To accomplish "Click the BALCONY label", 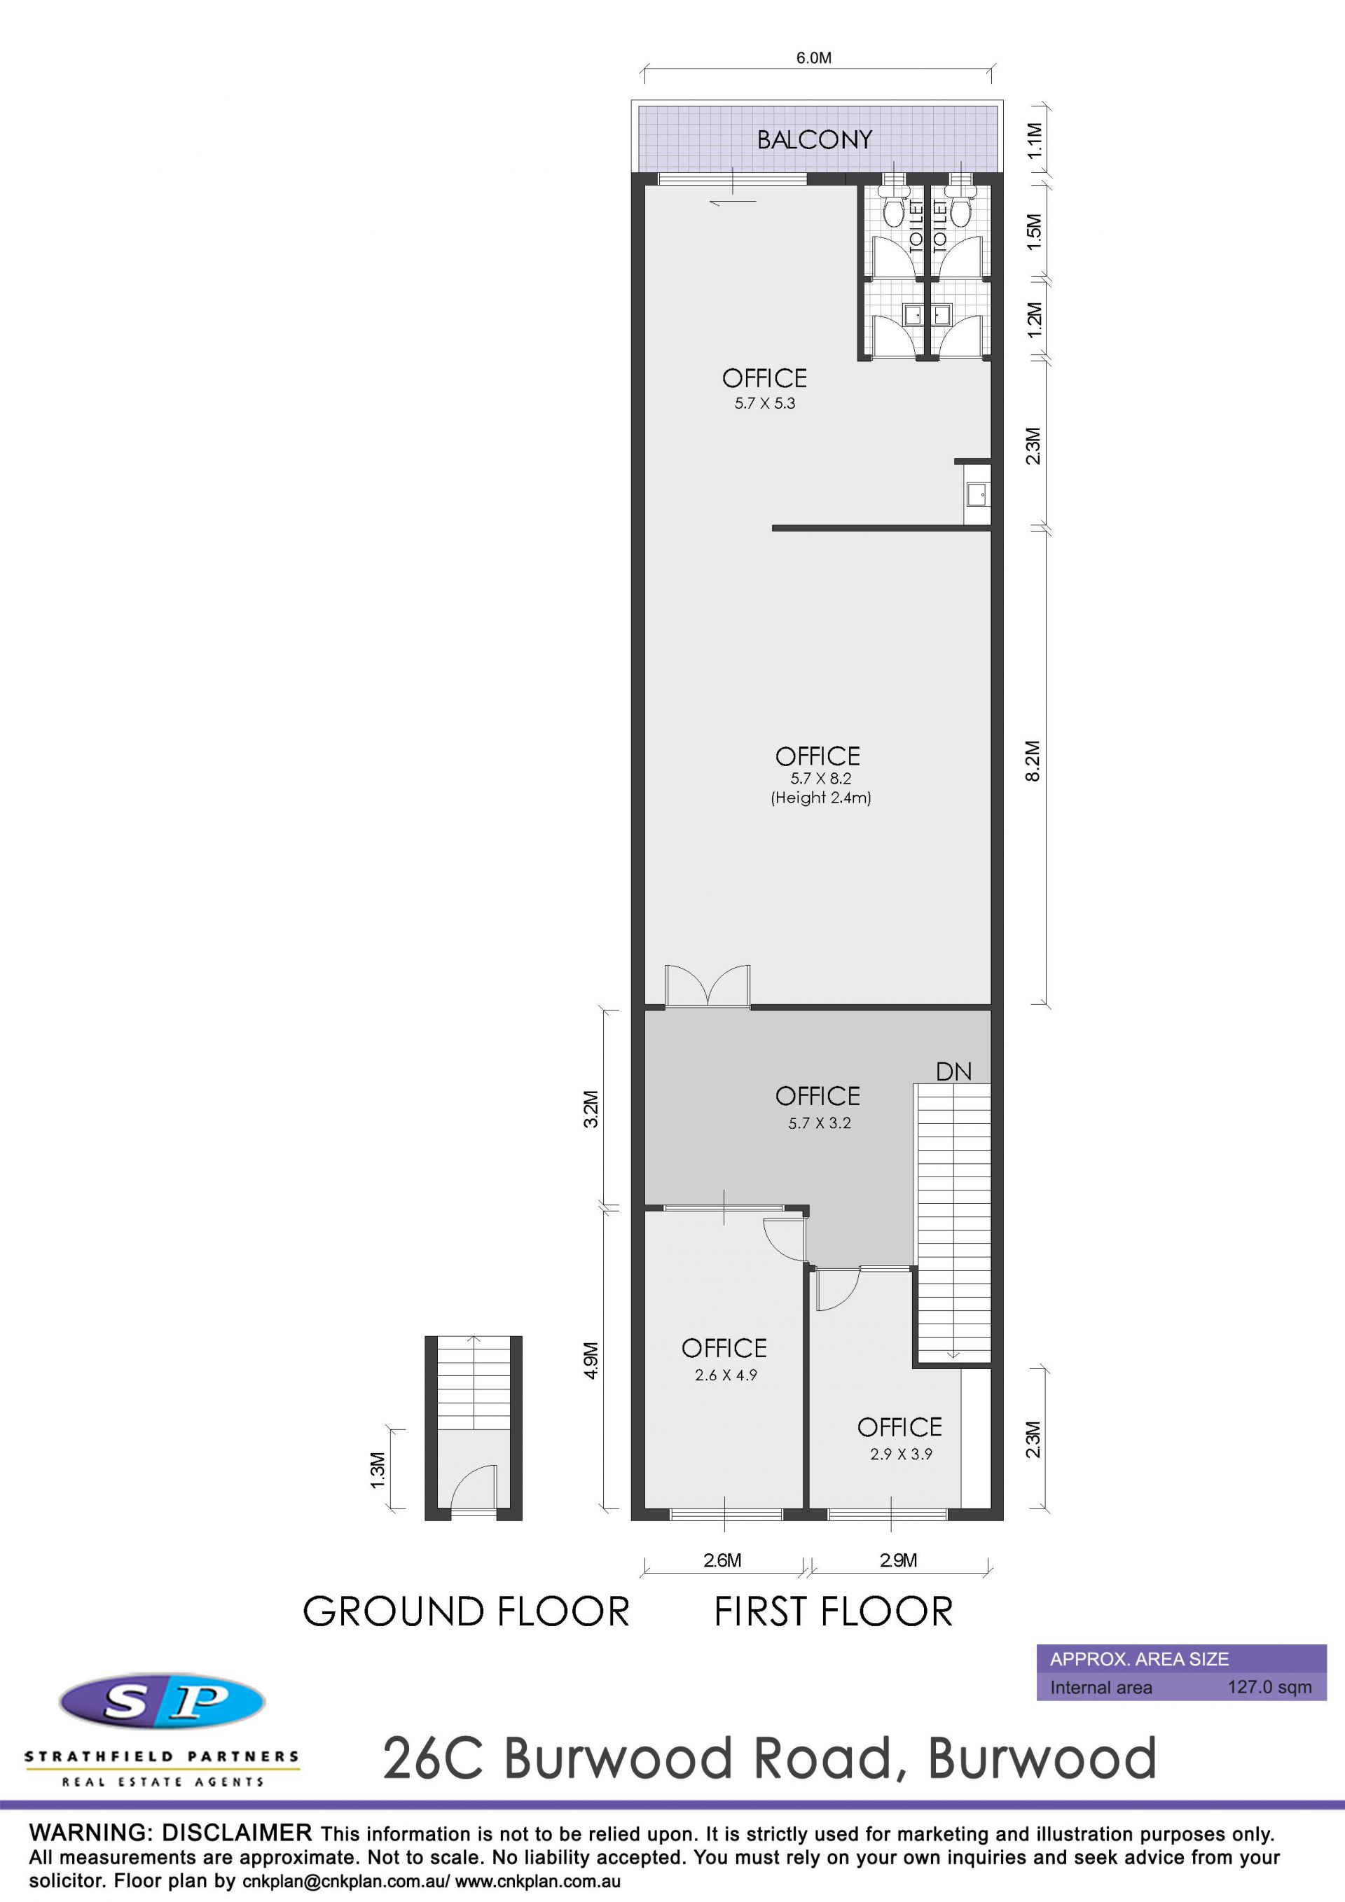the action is pyautogui.click(x=815, y=139).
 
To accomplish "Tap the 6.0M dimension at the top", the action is pyautogui.click(x=814, y=58).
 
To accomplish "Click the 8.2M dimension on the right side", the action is pyautogui.click(x=1033, y=761).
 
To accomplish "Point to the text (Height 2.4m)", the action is pyautogui.click(x=820, y=798).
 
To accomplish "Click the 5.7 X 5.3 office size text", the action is pyautogui.click(x=764, y=403).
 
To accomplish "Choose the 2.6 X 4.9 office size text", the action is pyautogui.click(x=725, y=1375).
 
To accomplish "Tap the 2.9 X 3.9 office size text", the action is pyautogui.click(x=901, y=1454).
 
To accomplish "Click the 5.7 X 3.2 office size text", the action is pyautogui.click(x=819, y=1123).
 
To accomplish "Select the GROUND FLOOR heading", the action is pyautogui.click(x=466, y=1612).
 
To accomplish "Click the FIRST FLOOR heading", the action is pyautogui.click(x=834, y=1612).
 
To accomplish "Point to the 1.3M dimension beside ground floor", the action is pyautogui.click(x=378, y=1470).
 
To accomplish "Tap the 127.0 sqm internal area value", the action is pyautogui.click(x=1269, y=1688).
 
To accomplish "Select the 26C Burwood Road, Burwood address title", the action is pyautogui.click(x=769, y=1758).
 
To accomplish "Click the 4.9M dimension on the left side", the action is pyautogui.click(x=591, y=1360).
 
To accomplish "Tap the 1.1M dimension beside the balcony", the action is pyautogui.click(x=1034, y=141).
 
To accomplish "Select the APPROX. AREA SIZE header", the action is pyautogui.click(x=1140, y=1659).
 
